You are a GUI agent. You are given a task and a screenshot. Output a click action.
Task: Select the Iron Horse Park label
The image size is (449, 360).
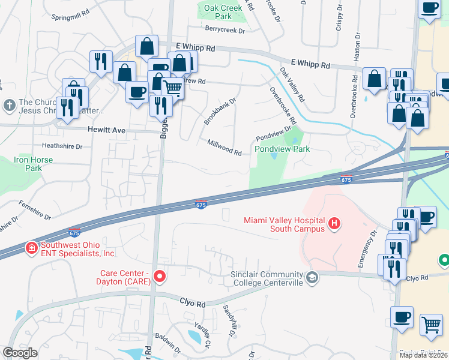pyautogui.click(x=34, y=164)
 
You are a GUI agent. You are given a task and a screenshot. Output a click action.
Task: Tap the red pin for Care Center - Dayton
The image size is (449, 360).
pyautogui.click(x=160, y=276)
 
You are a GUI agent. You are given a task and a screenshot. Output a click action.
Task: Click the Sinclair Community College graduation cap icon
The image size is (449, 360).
pyautogui.click(x=312, y=277)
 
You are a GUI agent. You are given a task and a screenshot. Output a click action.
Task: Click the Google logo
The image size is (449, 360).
pyautogui.click(x=20, y=353)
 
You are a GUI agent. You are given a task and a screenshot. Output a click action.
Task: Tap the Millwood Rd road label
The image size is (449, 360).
pyautogui.click(x=224, y=148)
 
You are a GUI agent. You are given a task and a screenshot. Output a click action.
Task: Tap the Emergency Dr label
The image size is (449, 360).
pyautogui.click(x=366, y=250)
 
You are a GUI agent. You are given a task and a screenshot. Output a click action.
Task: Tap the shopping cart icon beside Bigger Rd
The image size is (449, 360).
pyautogui.click(x=173, y=88)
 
